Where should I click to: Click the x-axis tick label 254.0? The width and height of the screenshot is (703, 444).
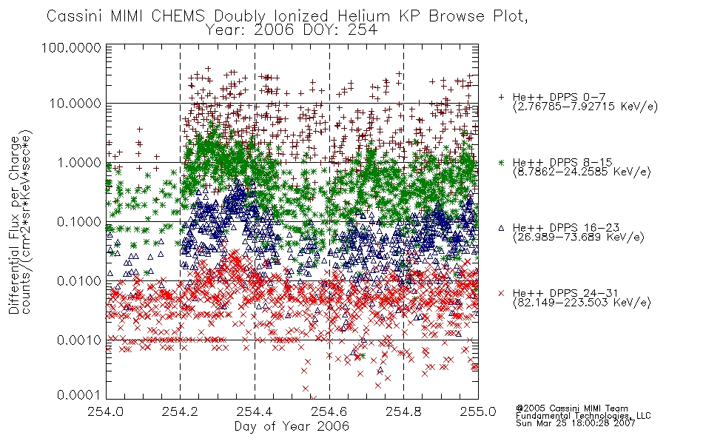tap(105, 411)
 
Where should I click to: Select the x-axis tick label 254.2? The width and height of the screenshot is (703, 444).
tap(181, 411)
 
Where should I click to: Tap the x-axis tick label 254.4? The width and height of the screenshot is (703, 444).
tap(255, 411)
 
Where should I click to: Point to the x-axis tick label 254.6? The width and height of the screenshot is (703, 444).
tap(329, 411)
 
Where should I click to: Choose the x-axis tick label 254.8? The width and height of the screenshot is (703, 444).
tap(403, 411)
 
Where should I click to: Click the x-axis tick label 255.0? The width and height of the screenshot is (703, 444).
tap(478, 411)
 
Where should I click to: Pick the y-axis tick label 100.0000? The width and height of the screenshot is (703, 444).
tap(71, 47)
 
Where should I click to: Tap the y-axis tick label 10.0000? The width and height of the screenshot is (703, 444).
tap(75, 104)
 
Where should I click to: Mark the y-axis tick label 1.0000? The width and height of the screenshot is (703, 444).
tap(79, 162)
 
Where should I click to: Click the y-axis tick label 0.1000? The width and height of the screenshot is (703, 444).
tap(79, 222)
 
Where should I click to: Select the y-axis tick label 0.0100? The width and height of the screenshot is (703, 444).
tap(79, 281)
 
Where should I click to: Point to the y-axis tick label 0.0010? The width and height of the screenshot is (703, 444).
tap(79, 340)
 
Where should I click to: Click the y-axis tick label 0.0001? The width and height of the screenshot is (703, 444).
tap(79, 395)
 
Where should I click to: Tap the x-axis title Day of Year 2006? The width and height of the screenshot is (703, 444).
tap(292, 426)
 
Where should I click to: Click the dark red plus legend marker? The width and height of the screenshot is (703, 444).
tap(501, 97)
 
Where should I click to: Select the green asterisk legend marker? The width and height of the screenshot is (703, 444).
tap(501, 162)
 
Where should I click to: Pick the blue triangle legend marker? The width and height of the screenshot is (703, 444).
tap(501, 228)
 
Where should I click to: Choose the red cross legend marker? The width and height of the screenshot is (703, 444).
tap(501, 293)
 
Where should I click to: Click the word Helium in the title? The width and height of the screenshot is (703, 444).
tap(363, 16)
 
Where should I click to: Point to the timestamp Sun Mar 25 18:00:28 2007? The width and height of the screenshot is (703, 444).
tap(575, 423)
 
